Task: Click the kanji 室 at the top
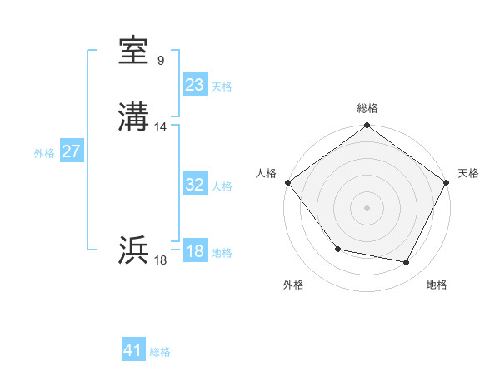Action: click(x=134, y=52)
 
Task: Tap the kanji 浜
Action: click(x=134, y=250)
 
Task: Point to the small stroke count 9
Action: click(x=160, y=61)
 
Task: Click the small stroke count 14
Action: click(x=161, y=127)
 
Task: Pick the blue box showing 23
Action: click(x=194, y=85)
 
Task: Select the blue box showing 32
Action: click(x=194, y=185)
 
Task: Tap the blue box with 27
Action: click(x=71, y=151)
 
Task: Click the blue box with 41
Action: click(x=133, y=350)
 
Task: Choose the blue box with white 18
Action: click(x=194, y=251)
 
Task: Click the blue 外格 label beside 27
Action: click(x=44, y=153)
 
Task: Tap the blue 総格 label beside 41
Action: click(x=160, y=352)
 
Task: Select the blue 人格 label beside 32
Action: click(x=222, y=186)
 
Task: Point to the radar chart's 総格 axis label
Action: click(x=367, y=108)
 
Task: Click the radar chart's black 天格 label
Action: click(x=468, y=173)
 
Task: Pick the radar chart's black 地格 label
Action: click(x=437, y=285)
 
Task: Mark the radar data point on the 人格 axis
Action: click(x=287, y=182)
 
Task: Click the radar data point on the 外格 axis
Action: click(x=337, y=249)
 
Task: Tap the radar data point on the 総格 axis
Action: click(x=367, y=126)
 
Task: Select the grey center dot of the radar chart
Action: click(x=367, y=207)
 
